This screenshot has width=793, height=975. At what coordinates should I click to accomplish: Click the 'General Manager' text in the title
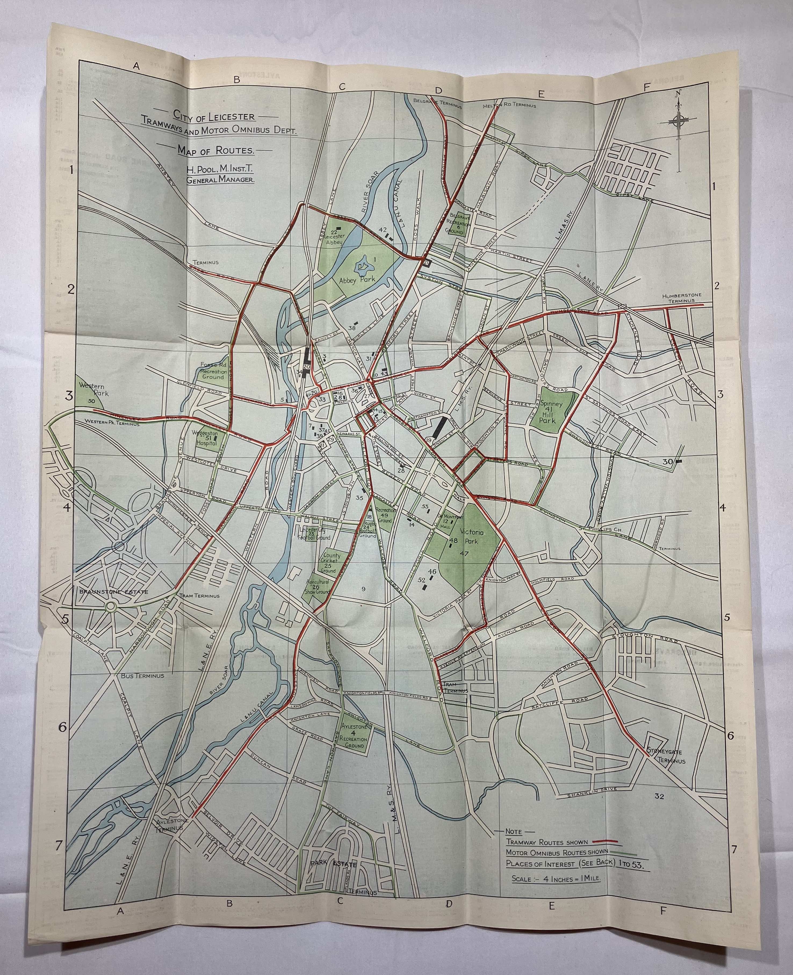(221, 180)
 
